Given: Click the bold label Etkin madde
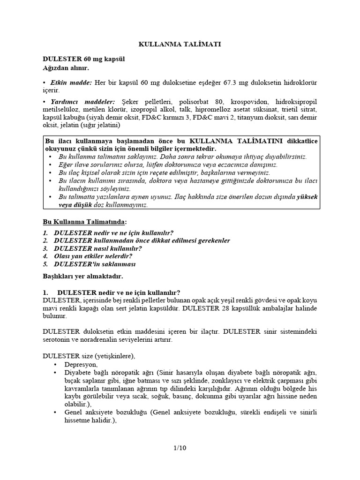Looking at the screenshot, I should (71, 82).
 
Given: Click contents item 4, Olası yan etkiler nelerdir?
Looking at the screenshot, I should (93, 256).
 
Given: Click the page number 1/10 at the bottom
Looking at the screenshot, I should (180, 448).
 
